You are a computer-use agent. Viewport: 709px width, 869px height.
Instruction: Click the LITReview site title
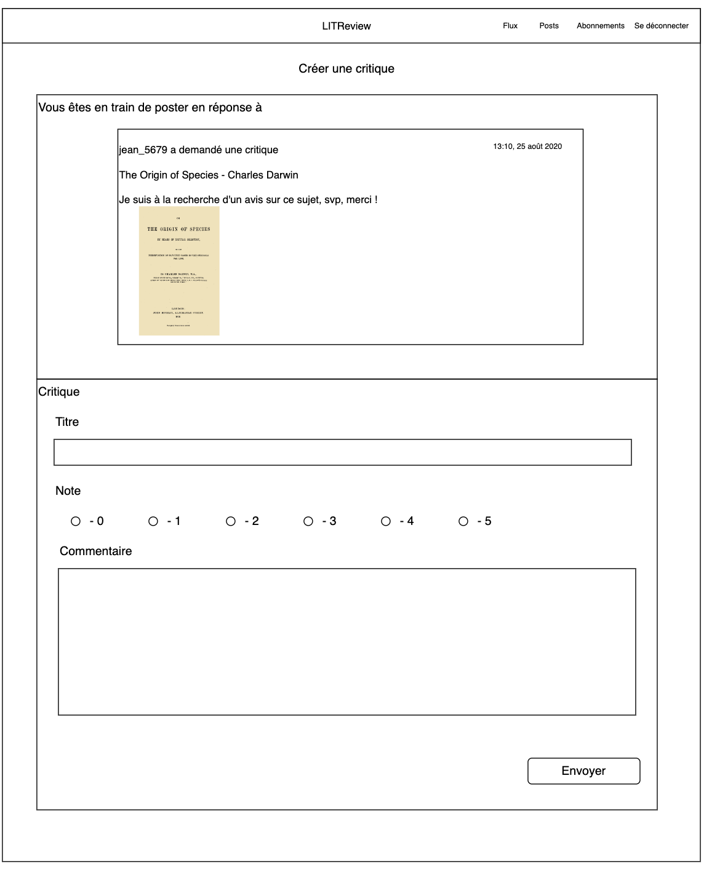pos(346,26)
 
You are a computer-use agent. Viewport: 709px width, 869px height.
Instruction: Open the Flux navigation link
pos(510,26)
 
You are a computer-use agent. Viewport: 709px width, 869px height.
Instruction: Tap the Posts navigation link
pos(548,26)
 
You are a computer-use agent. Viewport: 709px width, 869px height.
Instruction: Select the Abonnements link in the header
pos(600,26)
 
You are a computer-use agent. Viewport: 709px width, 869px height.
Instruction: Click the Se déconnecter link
pos(661,26)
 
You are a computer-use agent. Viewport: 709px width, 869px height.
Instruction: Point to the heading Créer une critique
pos(346,68)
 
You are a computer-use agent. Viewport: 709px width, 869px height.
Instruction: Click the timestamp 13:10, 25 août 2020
pos(527,146)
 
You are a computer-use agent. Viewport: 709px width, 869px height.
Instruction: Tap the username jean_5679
pos(143,150)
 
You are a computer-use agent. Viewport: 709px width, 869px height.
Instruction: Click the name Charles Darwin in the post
pos(263,175)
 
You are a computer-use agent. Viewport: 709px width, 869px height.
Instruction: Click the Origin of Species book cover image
pos(179,271)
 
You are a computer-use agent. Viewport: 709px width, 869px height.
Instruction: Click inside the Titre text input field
pos(342,452)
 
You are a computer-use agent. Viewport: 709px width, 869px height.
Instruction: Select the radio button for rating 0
pos(76,521)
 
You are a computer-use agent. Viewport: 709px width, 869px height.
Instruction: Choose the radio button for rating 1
pos(153,521)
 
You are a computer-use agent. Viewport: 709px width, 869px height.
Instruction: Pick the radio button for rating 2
pos(231,521)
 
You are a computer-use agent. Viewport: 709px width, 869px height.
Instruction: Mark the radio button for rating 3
pos(308,521)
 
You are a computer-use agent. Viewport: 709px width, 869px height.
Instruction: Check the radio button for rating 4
pos(386,521)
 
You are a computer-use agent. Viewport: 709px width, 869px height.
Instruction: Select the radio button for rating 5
pos(463,521)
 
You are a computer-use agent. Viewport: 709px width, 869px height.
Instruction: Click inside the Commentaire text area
pos(346,641)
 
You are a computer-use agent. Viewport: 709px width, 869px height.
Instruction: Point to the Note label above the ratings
pos(68,491)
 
